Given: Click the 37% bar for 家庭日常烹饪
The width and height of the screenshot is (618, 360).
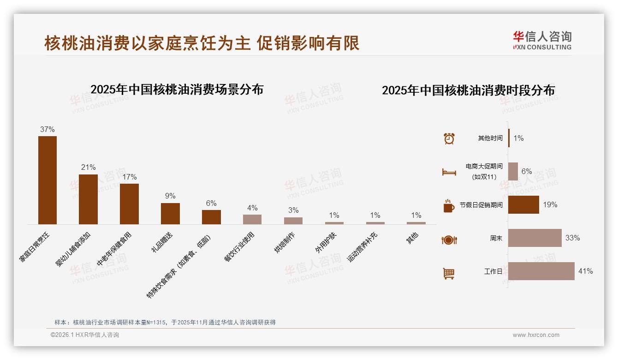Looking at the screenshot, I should click(x=48, y=180).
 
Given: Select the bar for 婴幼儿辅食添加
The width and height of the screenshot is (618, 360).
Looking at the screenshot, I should click(x=88, y=199).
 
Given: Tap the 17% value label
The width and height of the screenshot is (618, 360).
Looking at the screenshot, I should click(x=130, y=177).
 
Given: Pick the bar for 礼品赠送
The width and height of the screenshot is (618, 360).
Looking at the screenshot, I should click(x=170, y=214).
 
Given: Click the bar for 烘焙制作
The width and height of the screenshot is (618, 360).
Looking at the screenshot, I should click(x=293, y=221).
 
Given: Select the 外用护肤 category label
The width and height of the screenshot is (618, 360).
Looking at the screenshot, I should click(x=326, y=242).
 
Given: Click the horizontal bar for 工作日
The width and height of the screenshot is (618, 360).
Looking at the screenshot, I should click(x=541, y=271).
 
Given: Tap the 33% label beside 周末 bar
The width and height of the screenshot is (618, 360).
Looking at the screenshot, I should click(x=572, y=238).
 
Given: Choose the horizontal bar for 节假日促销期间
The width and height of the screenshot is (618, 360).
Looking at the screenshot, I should click(x=523, y=204).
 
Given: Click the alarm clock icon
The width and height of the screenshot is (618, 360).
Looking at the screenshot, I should click(x=449, y=138).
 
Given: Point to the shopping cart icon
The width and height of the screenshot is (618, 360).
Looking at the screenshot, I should click(x=449, y=273).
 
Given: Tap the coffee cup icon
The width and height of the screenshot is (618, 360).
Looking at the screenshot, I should click(x=449, y=206).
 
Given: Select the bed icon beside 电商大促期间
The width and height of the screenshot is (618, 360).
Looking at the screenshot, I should click(x=449, y=172).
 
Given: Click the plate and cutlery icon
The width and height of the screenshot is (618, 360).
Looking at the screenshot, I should click(x=449, y=240).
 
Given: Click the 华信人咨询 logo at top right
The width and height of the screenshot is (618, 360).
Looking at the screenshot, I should click(x=542, y=40).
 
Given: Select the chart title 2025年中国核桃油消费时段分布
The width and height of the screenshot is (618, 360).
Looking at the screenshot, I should click(x=468, y=90).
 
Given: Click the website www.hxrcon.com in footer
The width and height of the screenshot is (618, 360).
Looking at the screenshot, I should click(x=536, y=335).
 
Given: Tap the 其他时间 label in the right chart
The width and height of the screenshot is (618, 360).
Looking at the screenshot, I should click(x=490, y=138).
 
